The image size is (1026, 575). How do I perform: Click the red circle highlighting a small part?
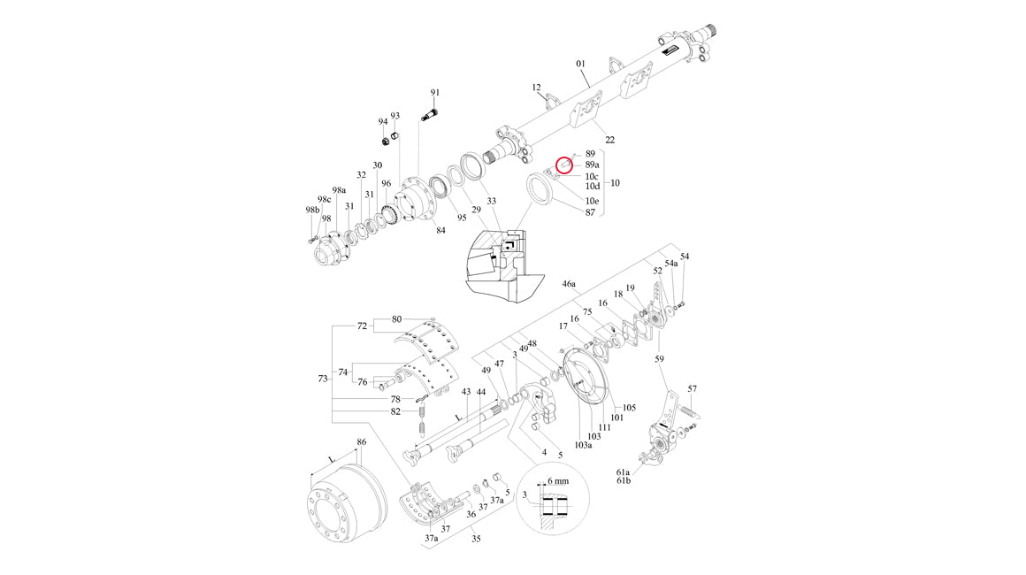click(x=564, y=167)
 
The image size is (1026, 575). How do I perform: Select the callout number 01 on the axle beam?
click(x=580, y=64)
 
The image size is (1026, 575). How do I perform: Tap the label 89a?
click(x=593, y=165)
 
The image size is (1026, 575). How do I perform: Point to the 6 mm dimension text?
click(x=557, y=481)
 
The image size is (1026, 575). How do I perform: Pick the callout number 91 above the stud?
click(x=435, y=93)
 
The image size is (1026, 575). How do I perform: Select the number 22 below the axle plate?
click(x=609, y=140)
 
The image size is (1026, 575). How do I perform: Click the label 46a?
click(x=570, y=284)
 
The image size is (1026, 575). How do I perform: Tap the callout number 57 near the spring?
click(x=693, y=388)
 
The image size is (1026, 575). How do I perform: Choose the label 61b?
click(x=624, y=481)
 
